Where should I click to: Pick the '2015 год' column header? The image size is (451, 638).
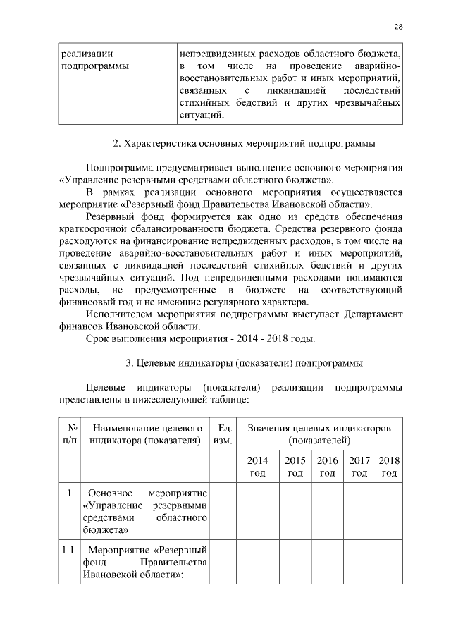pos(295,466)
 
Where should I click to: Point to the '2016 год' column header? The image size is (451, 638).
pos(327,466)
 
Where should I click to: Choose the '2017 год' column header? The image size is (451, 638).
pos(359,466)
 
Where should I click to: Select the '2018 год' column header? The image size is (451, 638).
pos(389,466)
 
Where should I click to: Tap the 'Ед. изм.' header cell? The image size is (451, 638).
pos(223,434)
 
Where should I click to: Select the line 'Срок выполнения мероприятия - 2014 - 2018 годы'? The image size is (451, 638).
pos(200,338)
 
